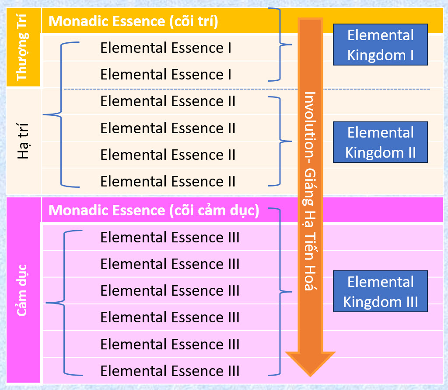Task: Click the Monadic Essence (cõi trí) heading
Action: pos(133,21)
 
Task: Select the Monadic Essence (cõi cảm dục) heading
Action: pos(154,211)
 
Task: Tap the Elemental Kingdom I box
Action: pos(380,45)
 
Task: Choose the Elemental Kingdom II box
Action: pos(380,142)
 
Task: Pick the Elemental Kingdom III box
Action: pos(380,292)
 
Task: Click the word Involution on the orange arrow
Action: pos(310,116)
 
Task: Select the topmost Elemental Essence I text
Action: pos(166,48)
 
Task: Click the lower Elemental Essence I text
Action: pos(166,75)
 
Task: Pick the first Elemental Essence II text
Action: pos(168,101)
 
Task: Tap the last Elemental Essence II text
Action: pos(168,181)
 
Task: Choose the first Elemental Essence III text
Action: pos(170,238)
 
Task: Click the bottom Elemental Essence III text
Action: pos(170,371)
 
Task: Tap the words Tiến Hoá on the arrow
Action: pos(310,266)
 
